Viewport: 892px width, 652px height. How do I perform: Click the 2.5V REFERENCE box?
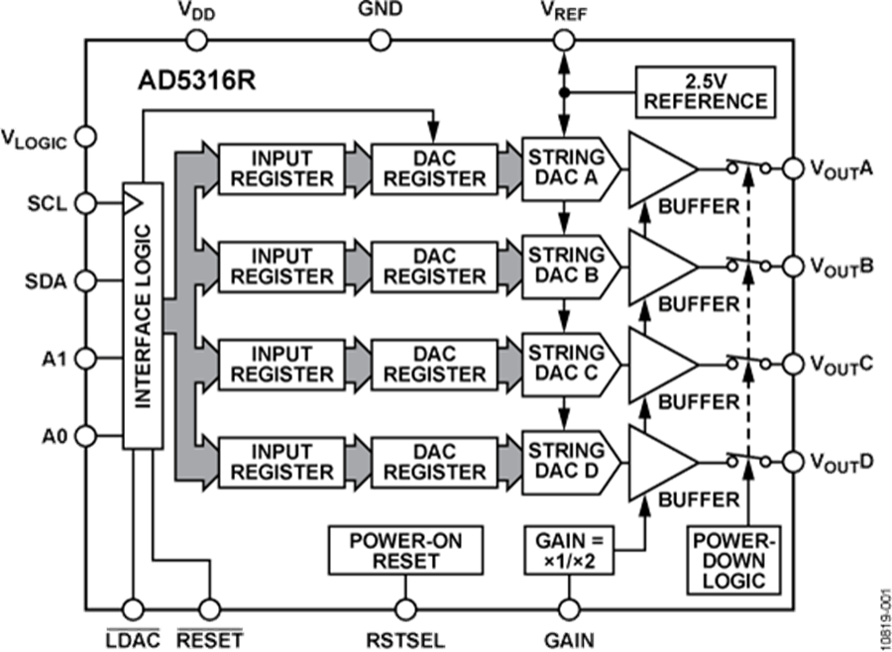[705, 90]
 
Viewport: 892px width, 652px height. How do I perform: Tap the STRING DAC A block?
[568, 167]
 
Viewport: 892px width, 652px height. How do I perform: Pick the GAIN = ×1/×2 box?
[569, 550]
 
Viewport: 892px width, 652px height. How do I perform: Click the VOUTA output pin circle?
[793, 168]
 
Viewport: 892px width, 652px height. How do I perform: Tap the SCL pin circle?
[85, 203]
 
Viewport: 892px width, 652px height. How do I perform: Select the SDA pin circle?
[85, 280]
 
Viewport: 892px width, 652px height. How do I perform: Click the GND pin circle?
[380, 40]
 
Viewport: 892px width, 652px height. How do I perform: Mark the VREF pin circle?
[564, 40]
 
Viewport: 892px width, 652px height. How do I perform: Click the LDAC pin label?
[132, 638]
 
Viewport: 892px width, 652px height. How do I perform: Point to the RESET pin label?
[209, 638]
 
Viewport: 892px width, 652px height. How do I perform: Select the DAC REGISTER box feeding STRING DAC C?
[435, 364]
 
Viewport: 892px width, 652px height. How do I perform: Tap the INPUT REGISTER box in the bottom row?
[282, 461]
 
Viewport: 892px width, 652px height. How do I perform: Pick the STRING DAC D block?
[568, 461]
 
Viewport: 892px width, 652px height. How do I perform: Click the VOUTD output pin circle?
[793, 461]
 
